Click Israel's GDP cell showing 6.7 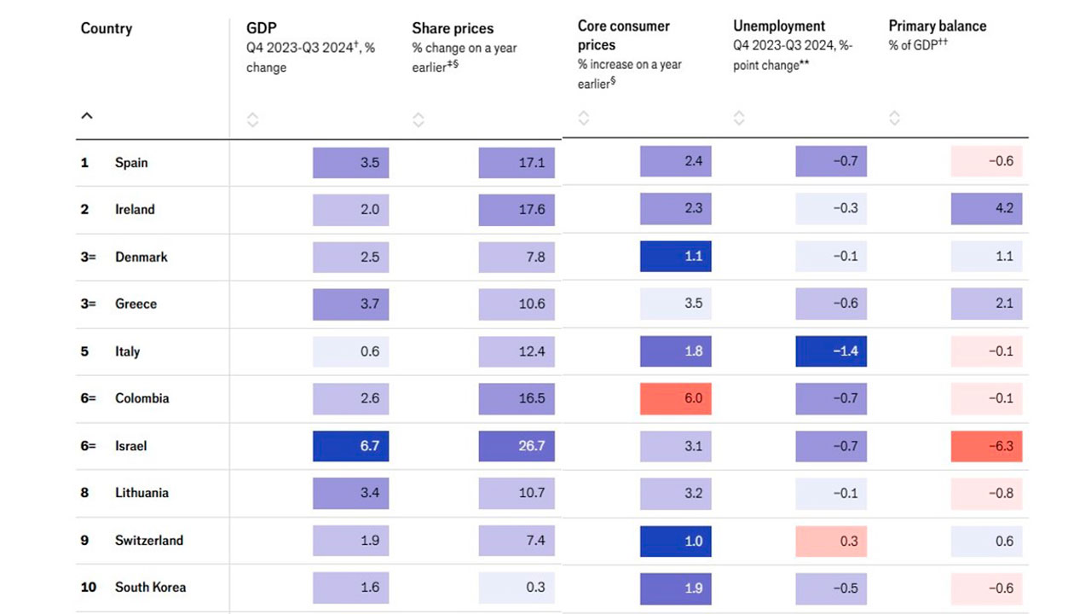click(x=350, y=446)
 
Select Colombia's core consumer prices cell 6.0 click(x=675, y=399)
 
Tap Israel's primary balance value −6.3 click(x=986, y=446)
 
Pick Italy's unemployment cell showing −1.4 click(x=831, y=351)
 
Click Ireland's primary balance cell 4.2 click(x=986, y=209)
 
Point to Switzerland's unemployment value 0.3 click(x=831, y=541)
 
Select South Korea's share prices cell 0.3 click(x=517, y=588)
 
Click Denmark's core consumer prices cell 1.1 click(x=675, y=257)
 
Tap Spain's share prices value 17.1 click(x=517, y=162)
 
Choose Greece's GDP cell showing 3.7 click(x=350, y=304)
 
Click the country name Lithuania click(x=141, y=493)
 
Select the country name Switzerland click(x=149, y=541)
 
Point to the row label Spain click(x=131, y=162)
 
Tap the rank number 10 click(x=86, y=588)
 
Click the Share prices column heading click(x=453, y=29)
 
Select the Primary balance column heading click(x=937, y=26)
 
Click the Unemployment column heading click(x=779, y=26)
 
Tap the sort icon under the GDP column click(x=252, y=120)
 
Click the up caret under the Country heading click(x=87, y=116)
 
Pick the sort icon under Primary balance click(x=894, y=118)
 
